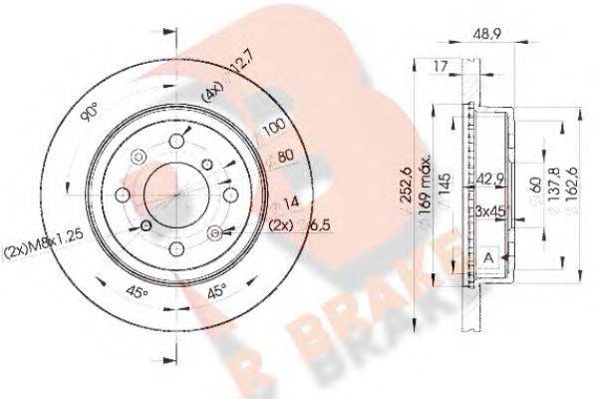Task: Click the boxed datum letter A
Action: (488, 257)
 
